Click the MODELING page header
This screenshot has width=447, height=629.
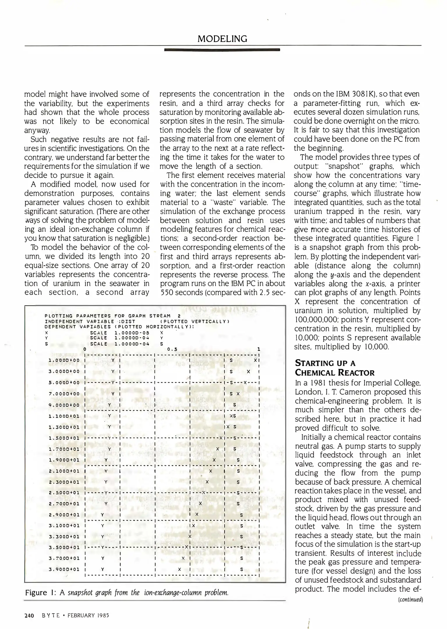[x=222, y=39]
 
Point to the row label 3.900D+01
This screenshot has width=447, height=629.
[x=64, y=569]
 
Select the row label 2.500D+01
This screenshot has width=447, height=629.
[x=64, y=493]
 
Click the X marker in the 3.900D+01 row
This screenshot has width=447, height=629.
[x=180, y=569]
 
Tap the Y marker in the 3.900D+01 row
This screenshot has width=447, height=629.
[x=103, y=569]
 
